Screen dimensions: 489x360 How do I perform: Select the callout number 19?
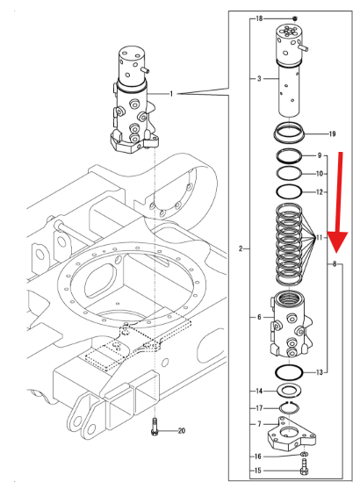[x=332, y=134]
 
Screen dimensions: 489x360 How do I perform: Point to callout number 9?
[x=320, y=155]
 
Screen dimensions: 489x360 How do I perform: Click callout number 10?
[x=320, y=173]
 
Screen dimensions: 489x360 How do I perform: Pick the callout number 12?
[x=320, y=191]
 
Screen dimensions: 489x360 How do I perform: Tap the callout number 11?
[x=320, y=239]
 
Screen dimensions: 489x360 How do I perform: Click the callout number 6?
[x=259, y=317]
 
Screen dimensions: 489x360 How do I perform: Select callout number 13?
[x=320, y=372]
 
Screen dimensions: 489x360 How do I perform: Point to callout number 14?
[x=259, y=391]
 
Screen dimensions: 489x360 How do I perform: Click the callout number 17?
[x=259, y=407]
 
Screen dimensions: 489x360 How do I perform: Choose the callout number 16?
[x=259, y=457]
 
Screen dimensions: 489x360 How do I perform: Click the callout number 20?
[x=182, y=430]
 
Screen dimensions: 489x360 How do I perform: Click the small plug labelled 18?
[x=296, y=18]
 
